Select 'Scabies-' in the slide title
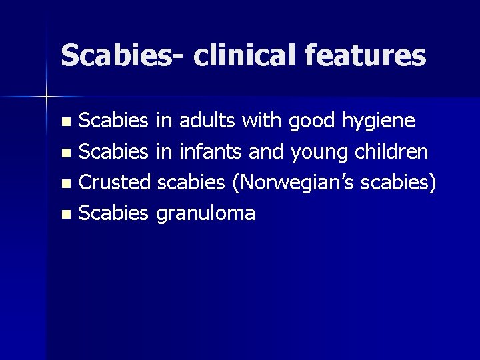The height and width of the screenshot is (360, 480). tap(121, 55)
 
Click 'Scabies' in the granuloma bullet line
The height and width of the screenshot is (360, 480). tap(113, 214)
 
